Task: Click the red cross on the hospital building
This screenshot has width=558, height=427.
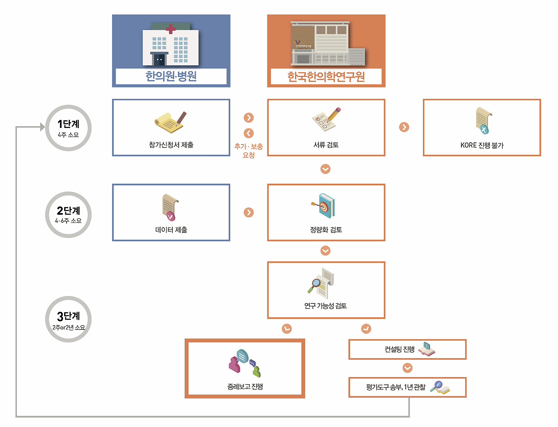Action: (170, 29)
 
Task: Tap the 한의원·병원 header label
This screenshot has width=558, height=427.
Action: (171, 77)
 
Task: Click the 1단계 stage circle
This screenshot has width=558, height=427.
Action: (68, 128)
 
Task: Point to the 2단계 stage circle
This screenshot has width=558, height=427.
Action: (68, 215)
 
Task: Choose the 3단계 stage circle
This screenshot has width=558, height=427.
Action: (68, 319)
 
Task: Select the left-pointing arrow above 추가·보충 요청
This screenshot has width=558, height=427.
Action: (249, 133)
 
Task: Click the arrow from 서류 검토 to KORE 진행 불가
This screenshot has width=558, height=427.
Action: (404, 127)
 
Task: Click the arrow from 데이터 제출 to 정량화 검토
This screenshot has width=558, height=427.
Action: (249, 212)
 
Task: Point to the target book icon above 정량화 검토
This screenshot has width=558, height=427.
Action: (324, 206)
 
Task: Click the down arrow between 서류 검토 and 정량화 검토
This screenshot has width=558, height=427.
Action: (325, 169)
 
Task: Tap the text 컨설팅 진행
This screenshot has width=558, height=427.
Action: (399, 349)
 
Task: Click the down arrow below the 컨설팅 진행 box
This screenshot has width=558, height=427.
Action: (407, 368)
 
